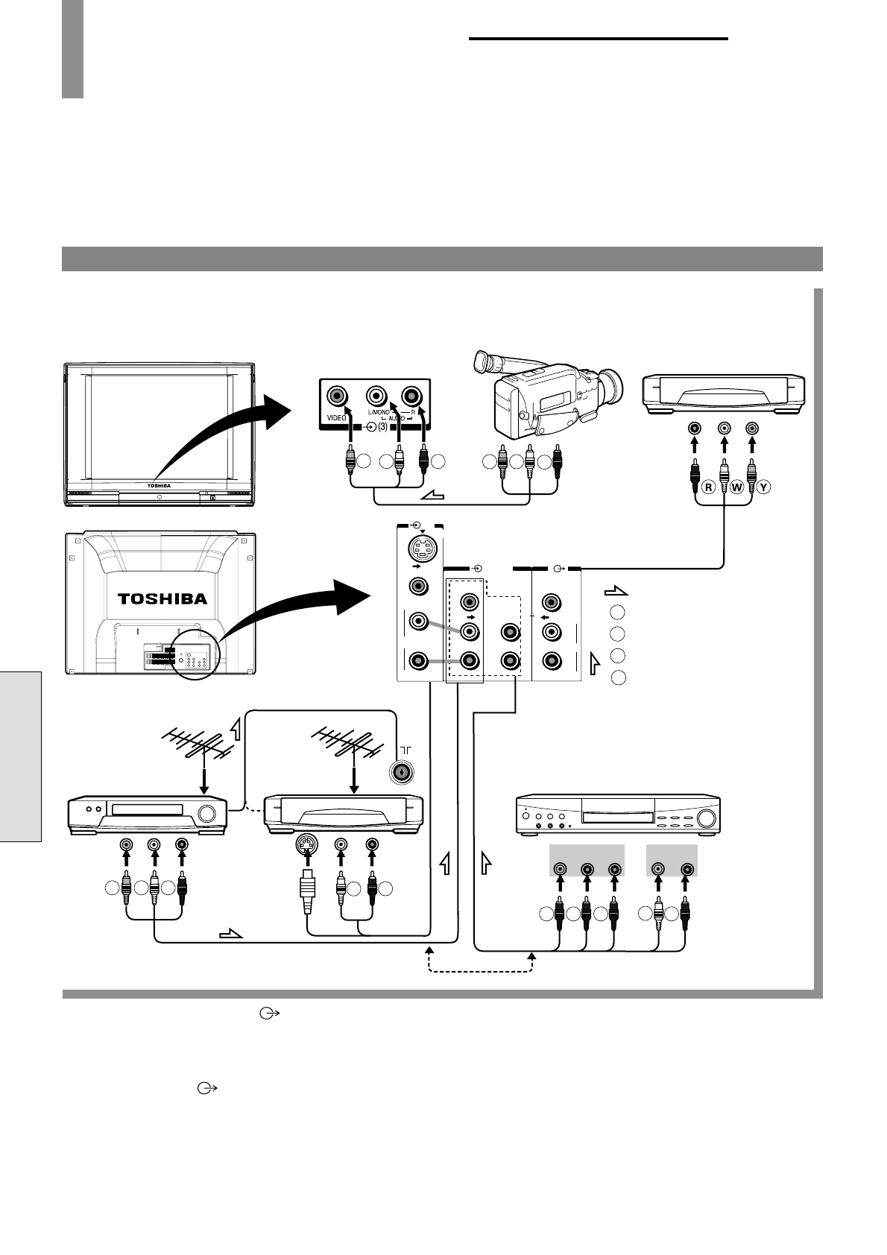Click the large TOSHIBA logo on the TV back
coord(162,598)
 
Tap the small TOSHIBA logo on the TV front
coord(159,486)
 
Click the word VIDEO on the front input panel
coord(337,418)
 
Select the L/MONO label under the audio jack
coord(379,412)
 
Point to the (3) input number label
coord(382,427)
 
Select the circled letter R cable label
coord(709,487)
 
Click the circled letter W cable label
coord(737,487)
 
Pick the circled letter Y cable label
coord(763,487)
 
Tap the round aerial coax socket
coord(402,773)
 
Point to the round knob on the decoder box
coord(206,814)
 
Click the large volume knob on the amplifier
coord(706,818)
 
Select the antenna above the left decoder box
coord(197,743)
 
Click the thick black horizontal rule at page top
coord(599,39)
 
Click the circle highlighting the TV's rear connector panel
coord(195,654)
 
